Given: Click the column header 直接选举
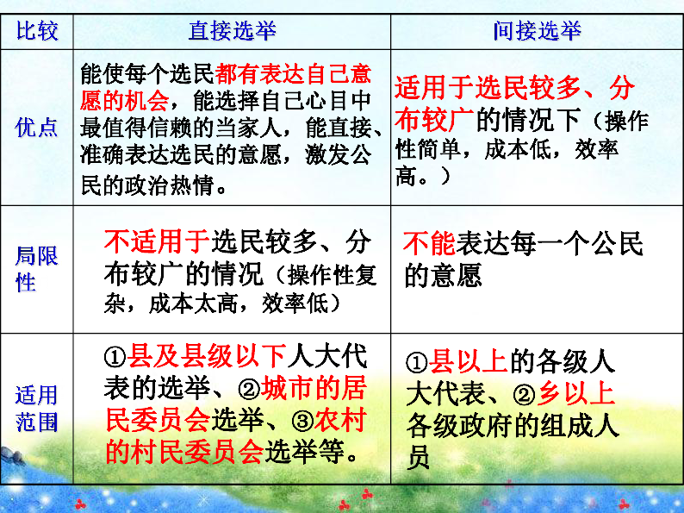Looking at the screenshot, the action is coord(232,31).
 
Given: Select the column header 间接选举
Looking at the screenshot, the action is coord(537,31).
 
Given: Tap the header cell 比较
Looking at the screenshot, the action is coord(37,31).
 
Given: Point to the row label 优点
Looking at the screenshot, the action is coord(36,128).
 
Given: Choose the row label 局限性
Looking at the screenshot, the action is coord(36,268).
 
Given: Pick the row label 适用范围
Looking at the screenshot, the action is coord(36,408).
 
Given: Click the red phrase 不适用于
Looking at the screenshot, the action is coord(157,241).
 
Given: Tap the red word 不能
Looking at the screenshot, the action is coord(429,243).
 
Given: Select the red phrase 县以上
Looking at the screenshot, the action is coord(468,362).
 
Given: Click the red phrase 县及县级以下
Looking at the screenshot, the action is coord(207,356).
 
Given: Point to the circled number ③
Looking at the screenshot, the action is coord(302,421).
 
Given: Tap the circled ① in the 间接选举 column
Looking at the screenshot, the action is coord(417,363).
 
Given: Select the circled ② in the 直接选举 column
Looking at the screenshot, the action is coord(249,389).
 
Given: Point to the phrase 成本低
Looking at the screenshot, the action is coord(517,149).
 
